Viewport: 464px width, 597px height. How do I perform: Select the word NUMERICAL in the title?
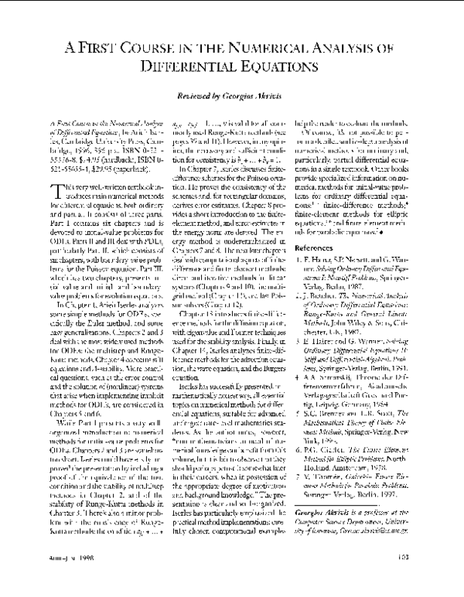tap(275, 47)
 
